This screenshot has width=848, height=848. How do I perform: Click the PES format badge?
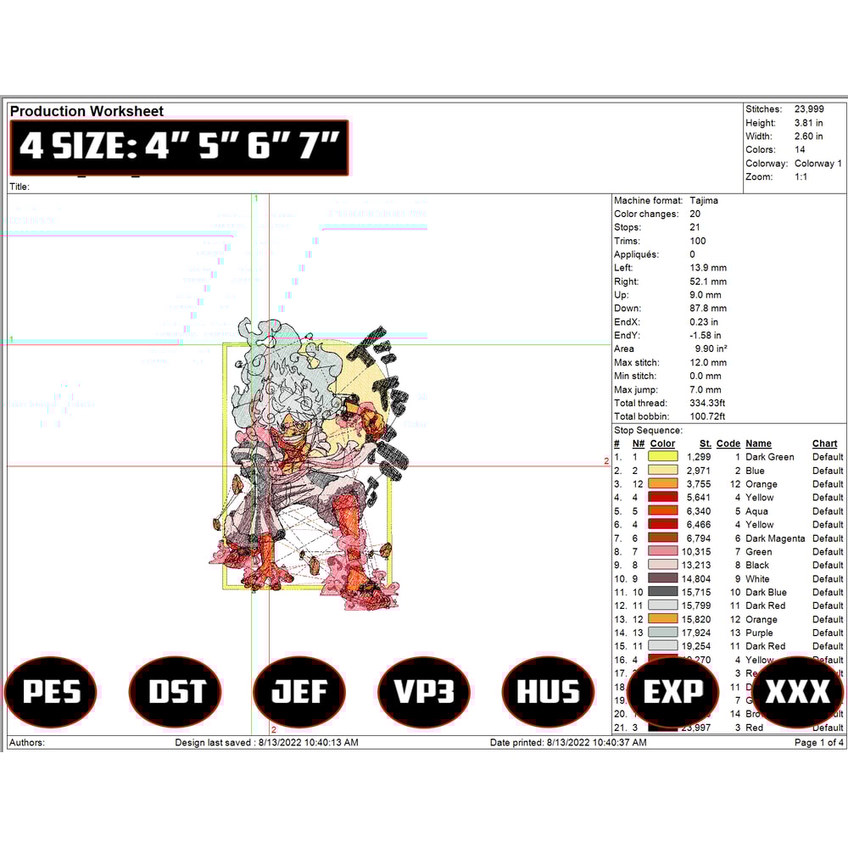click(51, 692)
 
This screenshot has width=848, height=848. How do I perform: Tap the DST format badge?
click(176, 692)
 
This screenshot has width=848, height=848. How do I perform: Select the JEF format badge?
click(299, 692)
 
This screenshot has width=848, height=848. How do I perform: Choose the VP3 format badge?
click(424, 692)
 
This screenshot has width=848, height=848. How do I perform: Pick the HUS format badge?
click(548, 692)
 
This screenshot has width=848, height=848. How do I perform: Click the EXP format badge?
click(672, 692)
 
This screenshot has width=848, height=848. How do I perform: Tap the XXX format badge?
click(797, 692)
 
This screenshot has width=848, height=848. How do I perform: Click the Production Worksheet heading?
click(86, 111)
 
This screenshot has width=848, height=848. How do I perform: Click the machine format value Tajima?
click(704, 200)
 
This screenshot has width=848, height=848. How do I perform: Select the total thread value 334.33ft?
click(711, 403)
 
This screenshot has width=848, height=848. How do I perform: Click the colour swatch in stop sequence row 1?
click(662, 456)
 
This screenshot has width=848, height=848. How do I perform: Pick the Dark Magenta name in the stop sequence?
click(775, 538)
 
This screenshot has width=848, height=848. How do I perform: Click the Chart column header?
click(824, 444)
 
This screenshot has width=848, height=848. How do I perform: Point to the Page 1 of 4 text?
click(818, 743)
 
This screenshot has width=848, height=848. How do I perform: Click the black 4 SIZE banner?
click(179, 148)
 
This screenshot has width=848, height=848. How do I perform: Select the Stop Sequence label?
click(648, 431)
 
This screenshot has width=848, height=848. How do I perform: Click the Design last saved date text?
click(266, 743)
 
